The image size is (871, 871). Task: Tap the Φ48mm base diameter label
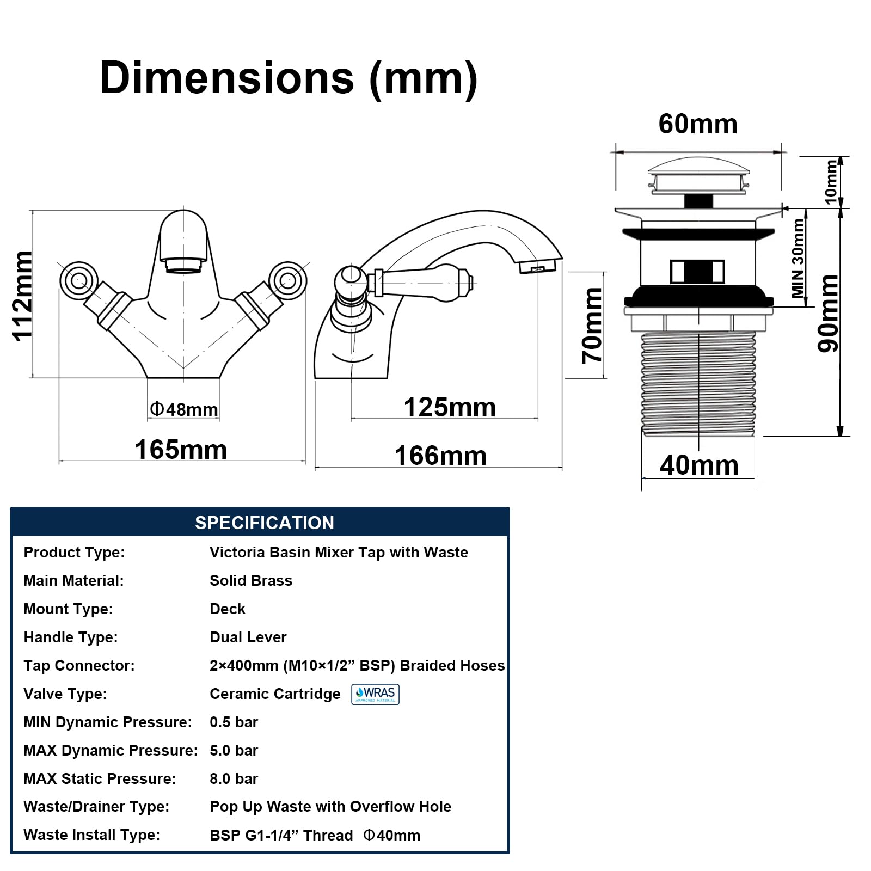click(184, 409)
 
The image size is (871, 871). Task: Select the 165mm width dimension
click(181, 450)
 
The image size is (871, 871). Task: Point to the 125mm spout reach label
click(450, 407)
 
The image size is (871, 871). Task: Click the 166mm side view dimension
click(440, 456)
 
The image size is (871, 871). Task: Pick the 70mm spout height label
click(592, 326)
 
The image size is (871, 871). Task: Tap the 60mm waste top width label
click(698, 124)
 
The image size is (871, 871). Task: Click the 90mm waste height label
click(828, 313)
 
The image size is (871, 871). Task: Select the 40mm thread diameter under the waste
click(699, 465)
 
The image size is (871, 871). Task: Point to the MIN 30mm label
click(798, 257)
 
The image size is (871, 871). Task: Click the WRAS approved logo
click(375, 694)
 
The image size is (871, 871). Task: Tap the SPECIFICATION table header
click(265, 523)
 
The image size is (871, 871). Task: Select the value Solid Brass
click(251, 580)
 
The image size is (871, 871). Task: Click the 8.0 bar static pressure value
click(234, 778)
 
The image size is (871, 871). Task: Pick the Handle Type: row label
click(71, 637)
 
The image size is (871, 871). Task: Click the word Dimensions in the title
click(226, 78)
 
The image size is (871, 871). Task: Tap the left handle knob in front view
click(79, 280)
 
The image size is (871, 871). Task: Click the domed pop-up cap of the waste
click(698, 165)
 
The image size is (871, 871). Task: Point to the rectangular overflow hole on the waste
click(697, 272)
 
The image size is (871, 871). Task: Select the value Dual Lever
click(248, 637)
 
